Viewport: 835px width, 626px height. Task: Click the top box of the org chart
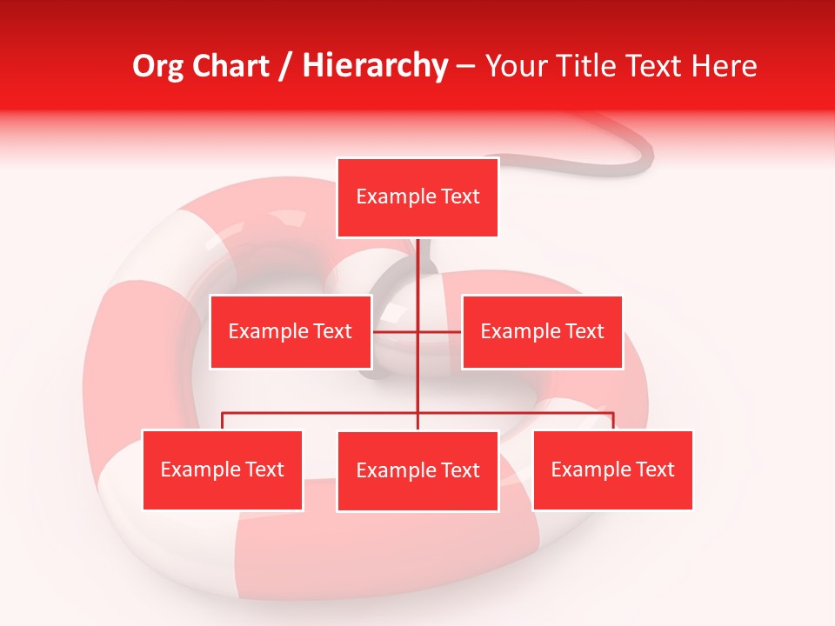417,197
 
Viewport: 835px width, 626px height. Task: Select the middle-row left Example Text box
291,331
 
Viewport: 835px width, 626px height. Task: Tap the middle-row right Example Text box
542,331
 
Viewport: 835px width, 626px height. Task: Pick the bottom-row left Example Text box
223,469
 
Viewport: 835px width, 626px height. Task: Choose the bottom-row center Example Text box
417,470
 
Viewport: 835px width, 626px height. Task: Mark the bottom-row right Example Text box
612,469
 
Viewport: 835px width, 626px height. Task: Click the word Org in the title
158,66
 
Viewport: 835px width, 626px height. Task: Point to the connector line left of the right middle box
440,331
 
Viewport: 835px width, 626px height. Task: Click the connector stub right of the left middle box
393,331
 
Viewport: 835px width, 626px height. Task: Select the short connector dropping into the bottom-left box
223,421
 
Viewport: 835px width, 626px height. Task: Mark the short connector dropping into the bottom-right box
613,421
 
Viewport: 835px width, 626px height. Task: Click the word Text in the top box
459,196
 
